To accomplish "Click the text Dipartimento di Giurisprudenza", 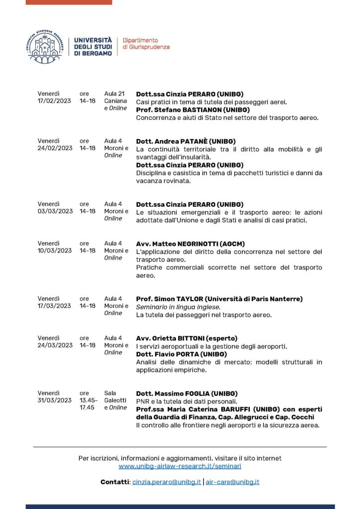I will pyautogui.click(x=146, y=43).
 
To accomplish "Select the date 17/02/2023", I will pyautogui.click(x=55, y=101).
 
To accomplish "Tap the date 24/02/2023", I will pyautogui.click(x=55, y=148).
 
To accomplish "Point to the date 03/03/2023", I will pyautogui.click(x=55, y=211).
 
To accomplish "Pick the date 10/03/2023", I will pyautogui.click(x=55, y=251).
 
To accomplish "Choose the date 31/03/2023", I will pyautogui.click(x=55, y=401).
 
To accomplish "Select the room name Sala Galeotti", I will pyautogui.click(x=115, y=397).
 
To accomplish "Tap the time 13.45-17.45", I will pyautogui.click(x=88, y=404).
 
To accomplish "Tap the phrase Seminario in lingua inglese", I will pyautogui.click(x=171, y=307).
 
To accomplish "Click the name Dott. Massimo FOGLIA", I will pyautogui.click(x=171, y=394).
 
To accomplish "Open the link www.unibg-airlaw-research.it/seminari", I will pyautogui.click(x=180, y=466).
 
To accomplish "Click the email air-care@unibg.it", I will pyautogui.click(x=233, y=482).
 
